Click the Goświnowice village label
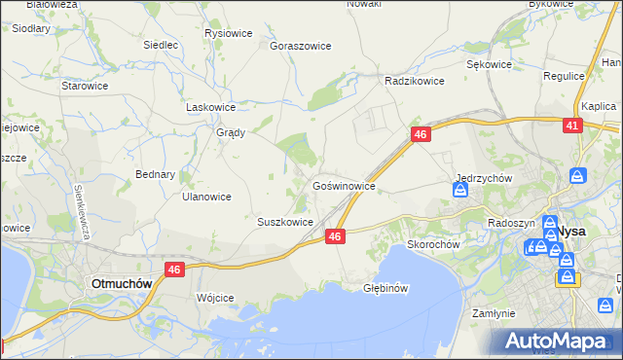pos(344,185)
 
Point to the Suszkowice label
pos(284,222)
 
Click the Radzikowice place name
pos(415,81)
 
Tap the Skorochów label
pos(433,244)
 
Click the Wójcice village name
pos(215,298)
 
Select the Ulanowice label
pos(206,196)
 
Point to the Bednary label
pos(155,175)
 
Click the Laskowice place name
pos(211,107)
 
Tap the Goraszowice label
pos(301,46)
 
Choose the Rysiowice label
pos(229,33)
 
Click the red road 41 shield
pos(572,126)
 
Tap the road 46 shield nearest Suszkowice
pos(335,236)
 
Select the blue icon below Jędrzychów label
pos(460,191)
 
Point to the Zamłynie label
pos(493,314)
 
